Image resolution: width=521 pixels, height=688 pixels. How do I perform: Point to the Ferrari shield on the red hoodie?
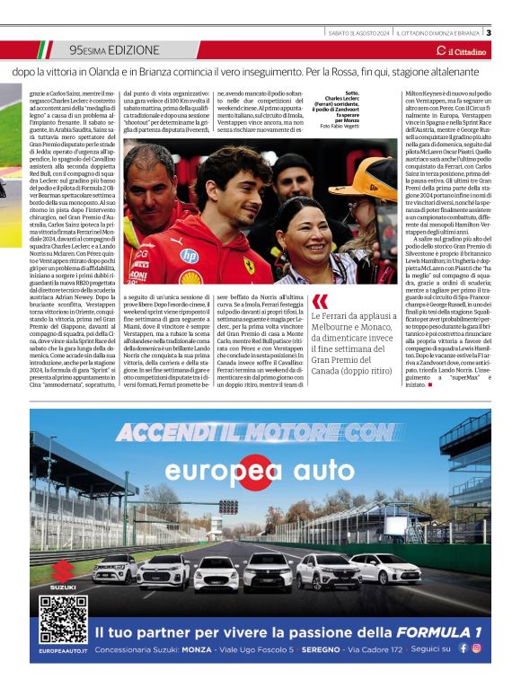coord(249,266)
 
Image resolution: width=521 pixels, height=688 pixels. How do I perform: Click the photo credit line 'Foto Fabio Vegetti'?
coord(339,127)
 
